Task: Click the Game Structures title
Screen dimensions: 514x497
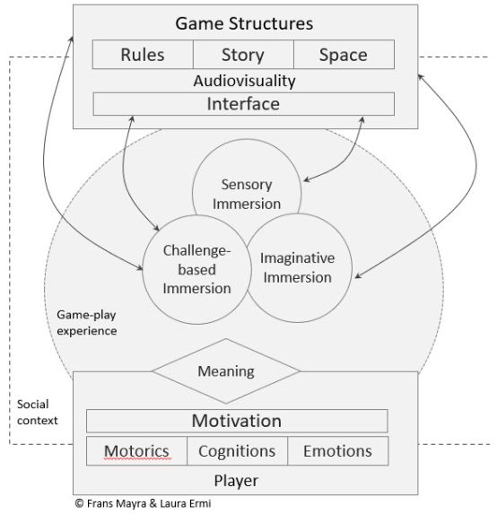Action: point(244,22)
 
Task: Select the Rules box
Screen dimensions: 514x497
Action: point(143,55)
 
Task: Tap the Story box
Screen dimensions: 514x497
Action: point(243,55)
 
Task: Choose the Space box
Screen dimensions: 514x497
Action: point(344,55)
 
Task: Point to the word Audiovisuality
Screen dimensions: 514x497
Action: point(244,81)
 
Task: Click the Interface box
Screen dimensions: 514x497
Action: point(244,104)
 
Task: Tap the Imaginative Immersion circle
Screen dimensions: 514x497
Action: point(297,267)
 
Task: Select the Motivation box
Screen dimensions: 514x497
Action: point(237,420)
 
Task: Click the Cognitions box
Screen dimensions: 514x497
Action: point(237,450)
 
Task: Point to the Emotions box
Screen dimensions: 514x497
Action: point(338,450)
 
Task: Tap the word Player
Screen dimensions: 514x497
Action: point(238,480)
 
